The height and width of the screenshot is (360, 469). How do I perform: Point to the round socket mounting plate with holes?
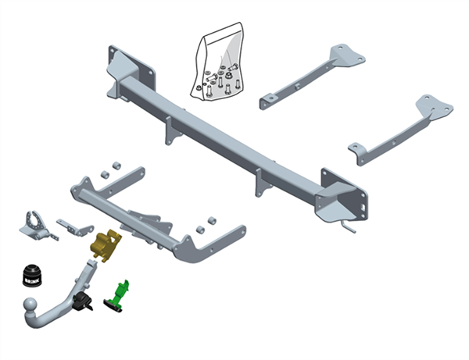pos(34,222)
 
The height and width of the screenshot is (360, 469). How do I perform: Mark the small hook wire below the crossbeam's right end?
pos(349,227)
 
